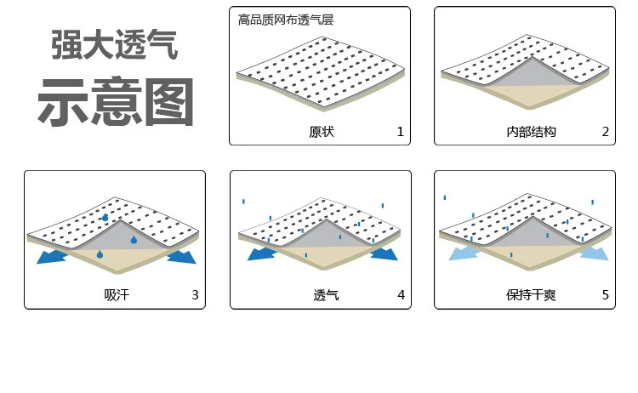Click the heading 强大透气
(x=114, y=45)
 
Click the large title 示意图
(x=116, y=102)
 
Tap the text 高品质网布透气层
(x=286, y=20)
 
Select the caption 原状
(x=322, y=132)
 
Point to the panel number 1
(x=401, y=132)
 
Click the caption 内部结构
(x=531, y=132)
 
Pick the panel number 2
(x=606, y=132)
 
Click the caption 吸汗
(x=117, y=295)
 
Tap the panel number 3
(x=196, y=295)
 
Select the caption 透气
(x=326, y=295)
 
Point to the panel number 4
(x=402, y=295)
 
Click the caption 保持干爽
(x=531, y=295)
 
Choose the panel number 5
(x=606, y=295)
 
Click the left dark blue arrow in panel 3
(x=51, y=257)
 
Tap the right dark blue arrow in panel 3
(x=182, y=257)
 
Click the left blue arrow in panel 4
(x=262, y=254)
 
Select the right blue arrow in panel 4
(x=385, y=254)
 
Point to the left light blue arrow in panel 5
(x=464, y=253)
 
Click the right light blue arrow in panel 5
(x=595, y=253)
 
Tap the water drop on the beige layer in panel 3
(x=100, y=254)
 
